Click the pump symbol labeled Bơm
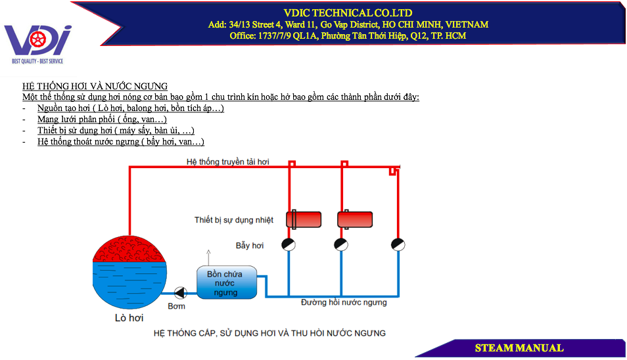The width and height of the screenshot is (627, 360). point(180,293)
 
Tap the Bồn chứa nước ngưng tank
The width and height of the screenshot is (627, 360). point(226,282)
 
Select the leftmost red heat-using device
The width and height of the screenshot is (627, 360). point(304,219)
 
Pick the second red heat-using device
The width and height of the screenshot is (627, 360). point(355,219)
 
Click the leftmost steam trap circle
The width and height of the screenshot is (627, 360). point(289,244)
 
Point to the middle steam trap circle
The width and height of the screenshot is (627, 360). point(341,244)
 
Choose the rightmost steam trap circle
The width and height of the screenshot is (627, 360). point(398,244)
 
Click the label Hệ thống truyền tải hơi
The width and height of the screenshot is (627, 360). point(227,162)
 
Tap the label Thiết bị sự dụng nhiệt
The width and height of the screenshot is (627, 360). point(234,220)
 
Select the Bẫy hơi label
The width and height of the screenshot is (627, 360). point(250,245)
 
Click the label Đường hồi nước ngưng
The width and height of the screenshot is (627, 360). point(344,302)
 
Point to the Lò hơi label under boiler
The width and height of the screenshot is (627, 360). point(129,318)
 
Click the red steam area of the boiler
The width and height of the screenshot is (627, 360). point(129,250)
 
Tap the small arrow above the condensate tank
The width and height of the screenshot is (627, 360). point(208,258)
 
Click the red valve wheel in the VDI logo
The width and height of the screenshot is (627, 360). point(38,39)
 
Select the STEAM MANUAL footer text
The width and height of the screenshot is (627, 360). point(519,348)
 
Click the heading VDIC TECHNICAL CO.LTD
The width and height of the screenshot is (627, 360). point(348,12)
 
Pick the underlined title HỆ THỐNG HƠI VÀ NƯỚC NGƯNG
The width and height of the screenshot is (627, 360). point(95,86)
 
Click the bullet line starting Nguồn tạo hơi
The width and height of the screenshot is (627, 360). point(130,108)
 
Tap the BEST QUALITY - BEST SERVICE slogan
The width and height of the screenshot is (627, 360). point(37,61)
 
